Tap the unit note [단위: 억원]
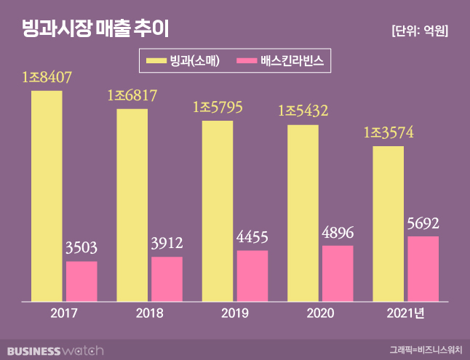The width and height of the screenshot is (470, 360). pos(419,31)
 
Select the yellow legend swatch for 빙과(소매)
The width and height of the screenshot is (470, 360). pos(155,61)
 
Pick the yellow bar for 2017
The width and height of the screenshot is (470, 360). pos(47,195)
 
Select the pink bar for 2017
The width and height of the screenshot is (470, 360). pos(81,281)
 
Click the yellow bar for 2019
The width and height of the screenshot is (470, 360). pos(218,210)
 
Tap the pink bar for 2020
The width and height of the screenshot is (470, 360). pos(338,273)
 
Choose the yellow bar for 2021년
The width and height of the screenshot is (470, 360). pos(389,223)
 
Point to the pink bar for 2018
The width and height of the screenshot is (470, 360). pos(167,279)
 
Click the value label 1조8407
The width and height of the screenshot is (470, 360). pos(47,77)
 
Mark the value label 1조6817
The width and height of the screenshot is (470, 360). pos(132,95)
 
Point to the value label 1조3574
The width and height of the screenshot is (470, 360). pos(389,134)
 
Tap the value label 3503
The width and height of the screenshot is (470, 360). pos(81,249)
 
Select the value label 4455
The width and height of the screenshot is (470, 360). pos(252,238)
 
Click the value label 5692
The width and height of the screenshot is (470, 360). pos(423,223)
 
